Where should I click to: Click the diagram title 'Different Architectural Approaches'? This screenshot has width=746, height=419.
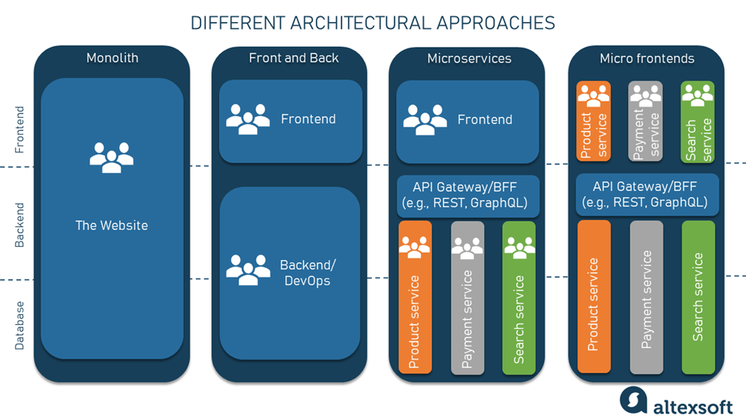373,23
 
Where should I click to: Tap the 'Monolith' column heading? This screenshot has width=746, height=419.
112,58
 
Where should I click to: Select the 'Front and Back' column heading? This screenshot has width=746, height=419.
294,58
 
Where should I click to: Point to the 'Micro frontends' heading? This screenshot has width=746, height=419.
647,58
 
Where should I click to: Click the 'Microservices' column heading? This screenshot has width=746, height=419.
469,58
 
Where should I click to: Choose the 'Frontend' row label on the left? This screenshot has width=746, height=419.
20,130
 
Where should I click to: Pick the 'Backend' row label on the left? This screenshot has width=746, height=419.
20,225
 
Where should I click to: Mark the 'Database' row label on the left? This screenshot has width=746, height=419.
20,325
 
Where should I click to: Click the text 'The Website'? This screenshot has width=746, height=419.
112,226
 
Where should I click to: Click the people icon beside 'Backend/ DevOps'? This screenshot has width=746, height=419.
248,269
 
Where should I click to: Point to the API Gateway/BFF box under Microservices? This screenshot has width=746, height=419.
468,196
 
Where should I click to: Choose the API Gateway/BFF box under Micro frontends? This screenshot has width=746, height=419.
647,195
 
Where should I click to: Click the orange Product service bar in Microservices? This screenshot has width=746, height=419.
415,298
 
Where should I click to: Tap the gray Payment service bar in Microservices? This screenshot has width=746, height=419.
467,298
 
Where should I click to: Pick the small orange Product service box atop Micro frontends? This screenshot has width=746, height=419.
593,122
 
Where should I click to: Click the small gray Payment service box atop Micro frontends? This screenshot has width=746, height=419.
645,122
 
